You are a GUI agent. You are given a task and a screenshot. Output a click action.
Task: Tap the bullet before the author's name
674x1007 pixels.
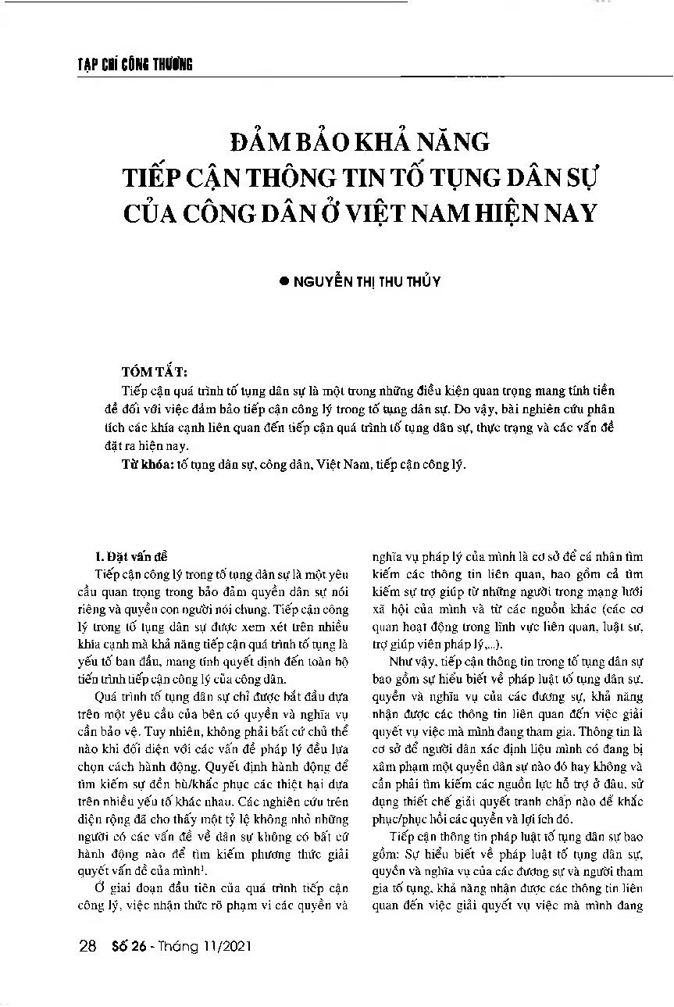click(284, 282)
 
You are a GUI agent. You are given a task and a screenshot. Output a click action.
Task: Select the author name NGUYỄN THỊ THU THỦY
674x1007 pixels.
click(367, 282)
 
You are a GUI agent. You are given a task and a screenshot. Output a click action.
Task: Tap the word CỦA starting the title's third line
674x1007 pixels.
click(155, 212)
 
